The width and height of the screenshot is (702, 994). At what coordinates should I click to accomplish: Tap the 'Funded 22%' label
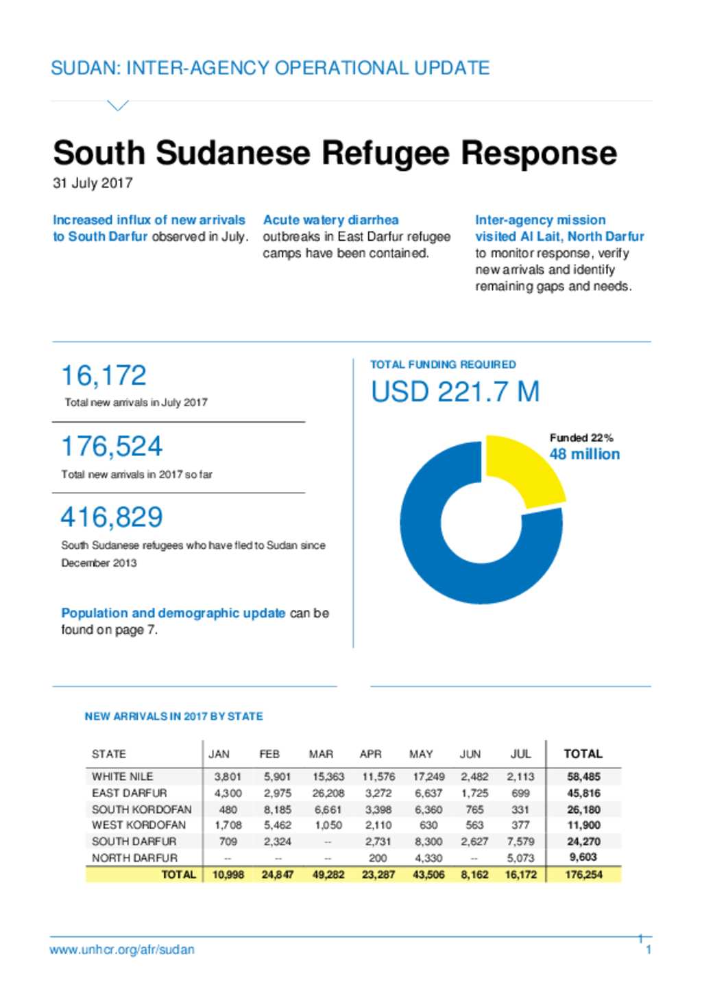coord(581,438)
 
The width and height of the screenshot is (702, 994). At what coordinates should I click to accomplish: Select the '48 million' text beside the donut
coord(585,454)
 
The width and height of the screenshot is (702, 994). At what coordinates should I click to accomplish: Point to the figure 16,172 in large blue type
coord(104,375)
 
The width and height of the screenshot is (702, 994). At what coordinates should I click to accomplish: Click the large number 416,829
coord(112,517)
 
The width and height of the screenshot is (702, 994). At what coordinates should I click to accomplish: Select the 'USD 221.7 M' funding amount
coord(455,392)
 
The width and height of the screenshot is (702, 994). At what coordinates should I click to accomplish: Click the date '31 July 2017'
coord(93,183)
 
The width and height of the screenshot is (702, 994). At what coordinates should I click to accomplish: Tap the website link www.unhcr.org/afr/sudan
coord(122,949)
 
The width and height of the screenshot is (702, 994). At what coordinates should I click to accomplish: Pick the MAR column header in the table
coord(321,754)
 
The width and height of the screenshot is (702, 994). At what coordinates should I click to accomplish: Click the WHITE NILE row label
coord(123,777)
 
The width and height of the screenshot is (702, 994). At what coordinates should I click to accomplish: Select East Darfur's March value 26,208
coord(328,793)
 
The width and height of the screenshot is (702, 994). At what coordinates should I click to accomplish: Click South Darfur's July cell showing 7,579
coord(520,841)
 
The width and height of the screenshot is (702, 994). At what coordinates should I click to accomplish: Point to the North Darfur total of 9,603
coord(583,857)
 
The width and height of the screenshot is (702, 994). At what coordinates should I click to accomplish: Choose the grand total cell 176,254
coord(583,875)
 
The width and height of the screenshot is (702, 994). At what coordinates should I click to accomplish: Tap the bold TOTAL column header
coord(583,754)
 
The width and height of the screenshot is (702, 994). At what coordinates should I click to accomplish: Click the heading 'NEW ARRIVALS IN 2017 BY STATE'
coord(174,717)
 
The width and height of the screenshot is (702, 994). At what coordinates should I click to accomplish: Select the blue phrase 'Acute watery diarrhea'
coord(331,220)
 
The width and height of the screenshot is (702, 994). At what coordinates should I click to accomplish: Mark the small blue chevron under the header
coord(118,106)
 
